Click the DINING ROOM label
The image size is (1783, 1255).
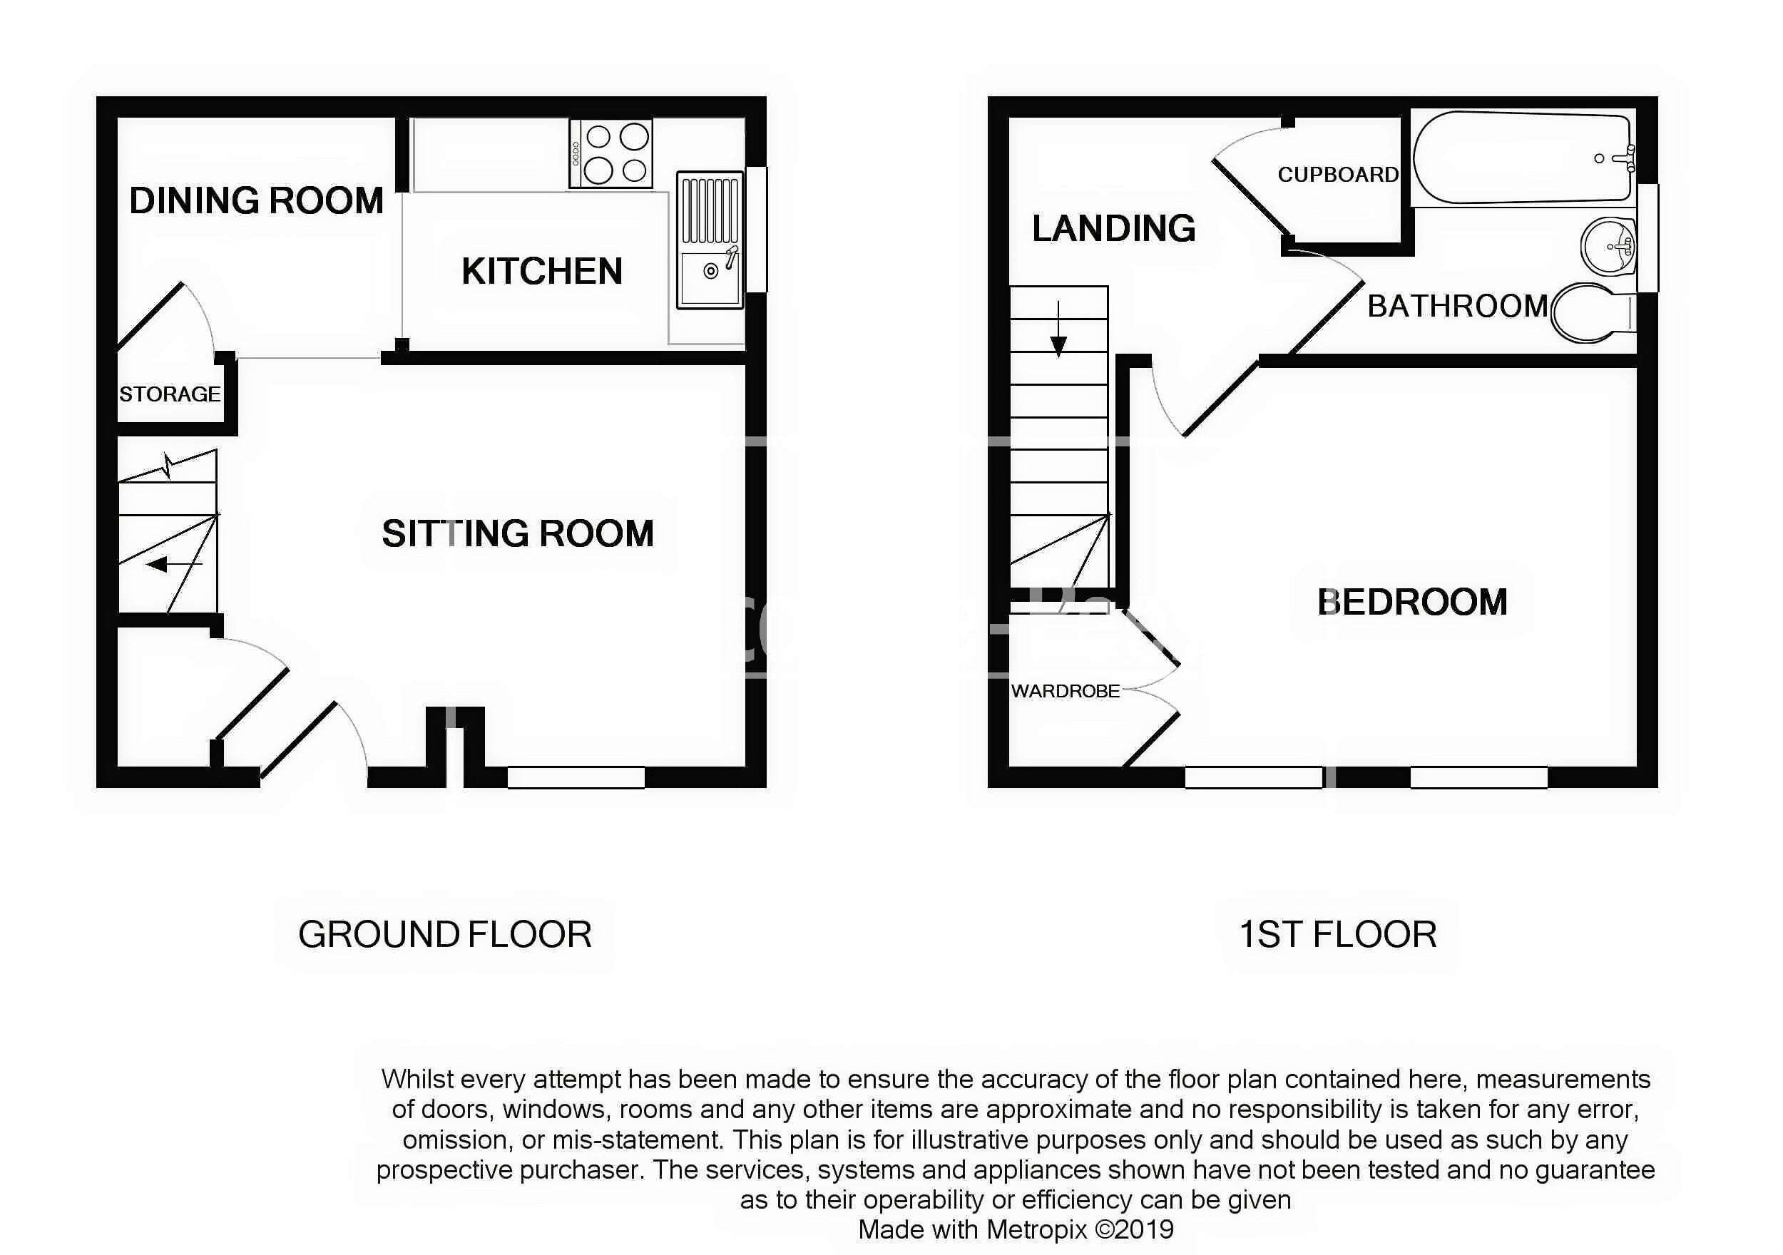tap(256, 200)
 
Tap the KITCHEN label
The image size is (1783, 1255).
tap(542, 271)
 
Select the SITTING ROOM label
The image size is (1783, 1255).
tap(518, 533)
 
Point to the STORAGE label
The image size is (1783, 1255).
tap(169, 394)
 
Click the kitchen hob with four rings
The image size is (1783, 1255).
tap(610, 153)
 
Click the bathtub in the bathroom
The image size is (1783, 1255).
tap(1522, 158)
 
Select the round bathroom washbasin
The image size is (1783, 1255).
tap(1608, 246)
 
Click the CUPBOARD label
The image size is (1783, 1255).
tap(1338, 175)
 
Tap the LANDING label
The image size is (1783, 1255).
tap(1113, 228)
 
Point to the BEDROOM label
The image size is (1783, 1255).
tap(1413, 602)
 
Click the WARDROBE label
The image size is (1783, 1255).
tap(1066, 690)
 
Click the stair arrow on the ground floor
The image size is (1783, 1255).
tap(174, 565)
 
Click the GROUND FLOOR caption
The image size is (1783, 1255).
tap(445, 934)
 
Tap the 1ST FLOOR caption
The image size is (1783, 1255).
tap(1337, 934)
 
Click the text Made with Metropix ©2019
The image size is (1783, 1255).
tap(1016, 1229)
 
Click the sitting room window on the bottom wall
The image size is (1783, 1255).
tap(576, 777)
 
